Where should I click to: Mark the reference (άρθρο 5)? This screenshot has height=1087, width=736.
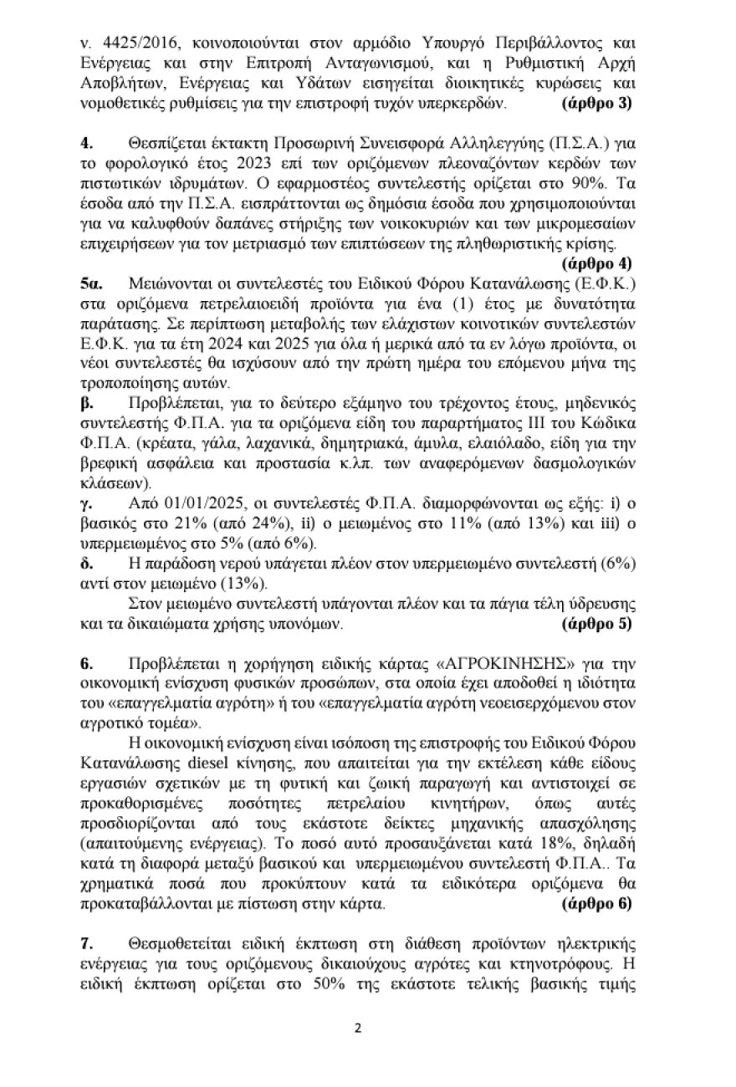(x=596, y=623)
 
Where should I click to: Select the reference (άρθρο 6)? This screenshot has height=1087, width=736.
(x=596, y=903)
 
